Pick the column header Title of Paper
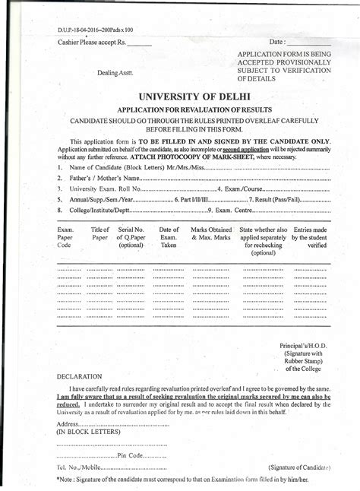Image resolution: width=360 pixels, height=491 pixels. click(x=100, y=234)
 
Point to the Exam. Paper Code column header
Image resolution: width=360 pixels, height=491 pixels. click(x=65, y=237)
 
